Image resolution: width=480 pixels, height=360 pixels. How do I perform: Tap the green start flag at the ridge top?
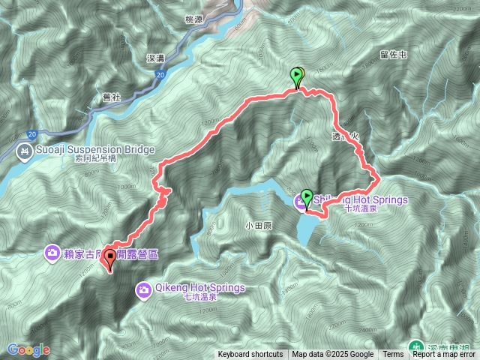(x=297, y=76)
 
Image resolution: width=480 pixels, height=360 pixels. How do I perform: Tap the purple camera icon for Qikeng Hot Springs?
(x=145, y=289)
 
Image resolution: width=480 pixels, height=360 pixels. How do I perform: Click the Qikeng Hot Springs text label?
(x=200, y=287)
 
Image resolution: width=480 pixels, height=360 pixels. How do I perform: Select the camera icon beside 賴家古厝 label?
(x=52, y=253)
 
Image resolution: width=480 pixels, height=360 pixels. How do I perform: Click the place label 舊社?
(x=111, y=97)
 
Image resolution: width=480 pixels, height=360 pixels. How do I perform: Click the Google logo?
(x=28, y=349)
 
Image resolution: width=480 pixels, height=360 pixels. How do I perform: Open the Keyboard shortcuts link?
(x=250, y=355)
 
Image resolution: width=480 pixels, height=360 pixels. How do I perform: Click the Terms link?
(x=393, y=355)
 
